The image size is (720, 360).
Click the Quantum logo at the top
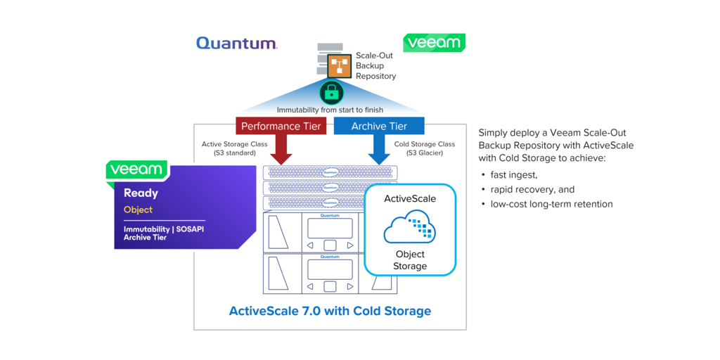236,44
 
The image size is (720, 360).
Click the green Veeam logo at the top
434,43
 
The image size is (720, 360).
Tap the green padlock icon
331,92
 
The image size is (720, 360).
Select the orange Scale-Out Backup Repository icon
340,66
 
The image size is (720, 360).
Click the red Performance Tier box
281,126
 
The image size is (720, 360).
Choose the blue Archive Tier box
379,126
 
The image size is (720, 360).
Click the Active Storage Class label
234,148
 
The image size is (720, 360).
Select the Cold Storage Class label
425,148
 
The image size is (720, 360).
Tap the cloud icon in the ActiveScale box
409,226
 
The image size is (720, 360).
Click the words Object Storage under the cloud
410,259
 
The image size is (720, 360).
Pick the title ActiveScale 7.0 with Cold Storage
330,311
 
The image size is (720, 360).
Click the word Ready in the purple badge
141,193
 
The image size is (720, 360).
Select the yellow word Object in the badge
138,210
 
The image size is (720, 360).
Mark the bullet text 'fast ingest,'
513,174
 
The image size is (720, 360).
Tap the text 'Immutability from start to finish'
330,110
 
